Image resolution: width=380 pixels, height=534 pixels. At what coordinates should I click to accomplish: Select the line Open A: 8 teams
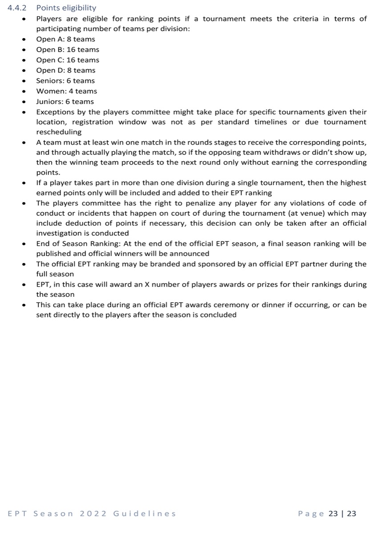tap(65, 39)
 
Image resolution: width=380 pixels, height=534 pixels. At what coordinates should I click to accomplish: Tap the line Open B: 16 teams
tap(68, 49)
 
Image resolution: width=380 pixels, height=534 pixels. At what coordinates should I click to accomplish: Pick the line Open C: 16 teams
tap(68, 60)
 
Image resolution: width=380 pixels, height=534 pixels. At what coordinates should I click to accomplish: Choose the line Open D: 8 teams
tap(65, 70)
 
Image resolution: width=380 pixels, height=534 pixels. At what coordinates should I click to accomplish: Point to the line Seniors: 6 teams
tap(65, 81)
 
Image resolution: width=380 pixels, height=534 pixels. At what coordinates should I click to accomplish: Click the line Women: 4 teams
tap(66, 91)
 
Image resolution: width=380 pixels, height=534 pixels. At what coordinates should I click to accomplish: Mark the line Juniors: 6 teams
tap(65, 101)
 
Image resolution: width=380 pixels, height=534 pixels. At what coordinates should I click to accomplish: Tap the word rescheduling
tap(59, 132)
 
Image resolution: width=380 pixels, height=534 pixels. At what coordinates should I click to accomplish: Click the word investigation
tap(57, 233)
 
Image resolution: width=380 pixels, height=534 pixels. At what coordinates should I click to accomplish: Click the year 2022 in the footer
tap(93, 514)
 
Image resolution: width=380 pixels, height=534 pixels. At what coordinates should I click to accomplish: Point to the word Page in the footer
tap(311, 514)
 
